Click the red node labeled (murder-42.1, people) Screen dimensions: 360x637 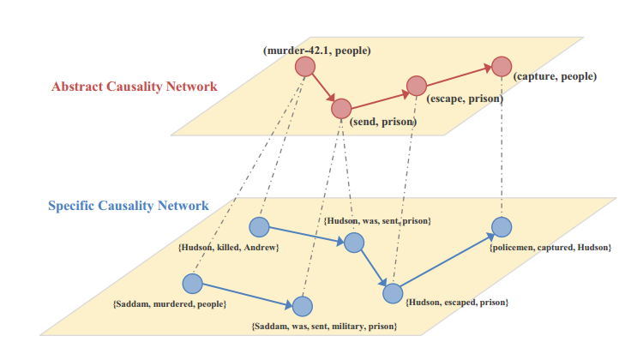click(304, 66)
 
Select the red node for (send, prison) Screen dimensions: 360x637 click(341, 109)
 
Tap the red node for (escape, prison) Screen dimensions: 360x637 click(416, 86)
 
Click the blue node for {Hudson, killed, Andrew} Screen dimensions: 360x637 click(259, 227)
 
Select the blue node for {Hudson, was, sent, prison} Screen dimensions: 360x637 click(355, 243)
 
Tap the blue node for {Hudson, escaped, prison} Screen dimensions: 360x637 click(393, 293)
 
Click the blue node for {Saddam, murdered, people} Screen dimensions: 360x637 click(193, 283)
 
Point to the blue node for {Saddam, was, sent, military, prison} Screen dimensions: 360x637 click(302, 306)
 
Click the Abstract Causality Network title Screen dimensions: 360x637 click(135, 87)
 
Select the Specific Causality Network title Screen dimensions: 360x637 click(128, 206)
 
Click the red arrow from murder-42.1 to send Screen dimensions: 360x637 click(323, 87)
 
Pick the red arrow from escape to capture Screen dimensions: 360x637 click(458, 75)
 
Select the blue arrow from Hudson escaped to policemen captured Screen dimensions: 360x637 click(446, 261)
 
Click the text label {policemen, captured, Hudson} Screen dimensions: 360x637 click(550, 248)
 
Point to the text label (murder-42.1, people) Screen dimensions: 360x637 click(316, 51)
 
